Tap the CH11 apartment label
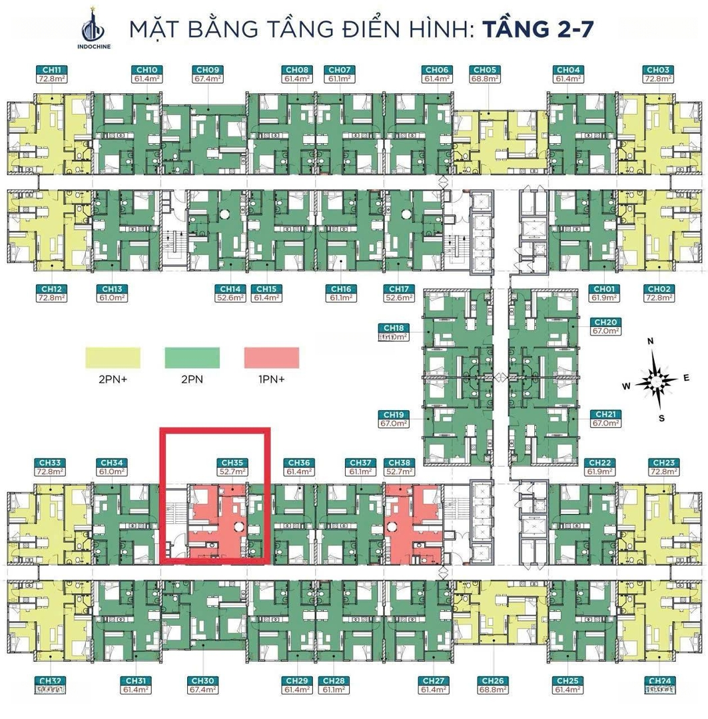(x=51, y=69)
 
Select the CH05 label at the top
(x=484, y=69)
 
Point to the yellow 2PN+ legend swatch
(x=113, y=358)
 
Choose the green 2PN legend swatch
(x=192, y=358)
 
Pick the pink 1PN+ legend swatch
(x=271, y=358)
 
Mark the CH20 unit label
(x=605, y=322)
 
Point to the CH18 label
(x=394, y=328)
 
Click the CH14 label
(x=228, y=289)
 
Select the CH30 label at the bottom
(x=202, y=680)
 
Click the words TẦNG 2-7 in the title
(x=537, y=30)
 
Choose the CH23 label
(x=664, y=462)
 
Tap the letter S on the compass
(x=661, y=418)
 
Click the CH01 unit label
(x=603, y=289)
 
